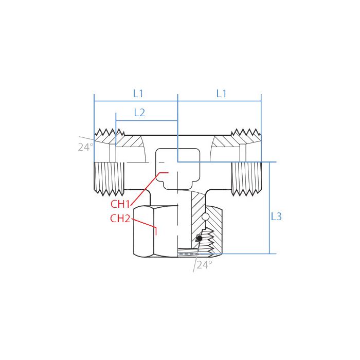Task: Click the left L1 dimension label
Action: click(x=138, y=94)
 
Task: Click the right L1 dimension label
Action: click(x=221, y=94)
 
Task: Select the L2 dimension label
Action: click(x=139, y=113)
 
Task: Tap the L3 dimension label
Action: click(x=276, y=217)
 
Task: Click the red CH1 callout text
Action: click(x=120, y=203)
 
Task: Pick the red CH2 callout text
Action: click(x=120, y=219)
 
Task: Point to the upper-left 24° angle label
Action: click(x=85, y=147)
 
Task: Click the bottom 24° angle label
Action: click(x=204, y=265)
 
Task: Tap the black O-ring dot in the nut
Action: click(x=200, y=239)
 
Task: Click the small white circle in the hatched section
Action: click(x=205, y=217)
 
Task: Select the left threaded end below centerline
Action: click(x=110, y=178)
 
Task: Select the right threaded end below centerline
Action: click(x=245, y=178)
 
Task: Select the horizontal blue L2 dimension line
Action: click(x=147, y=121)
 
